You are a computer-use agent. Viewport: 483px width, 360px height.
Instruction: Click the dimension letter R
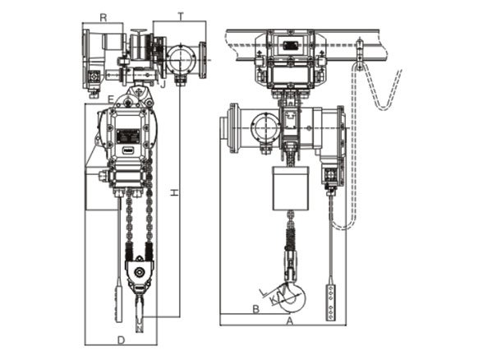click(x=103, y=16)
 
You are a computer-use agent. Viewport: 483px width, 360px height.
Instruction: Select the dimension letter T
click(x=180, y=16)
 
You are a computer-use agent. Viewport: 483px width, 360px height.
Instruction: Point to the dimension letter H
click(x=173, y=192)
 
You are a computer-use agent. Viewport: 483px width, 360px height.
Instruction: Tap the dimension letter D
click(x=121, y=338)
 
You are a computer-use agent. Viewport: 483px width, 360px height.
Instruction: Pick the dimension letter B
click(x=255, y=311)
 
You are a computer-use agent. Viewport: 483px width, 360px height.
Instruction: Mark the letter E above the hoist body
click(x=110, y=99)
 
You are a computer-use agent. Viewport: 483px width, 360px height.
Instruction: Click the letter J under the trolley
click(x=163, y=83)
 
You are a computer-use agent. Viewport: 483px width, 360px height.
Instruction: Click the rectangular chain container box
click(x=290, y=187)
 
